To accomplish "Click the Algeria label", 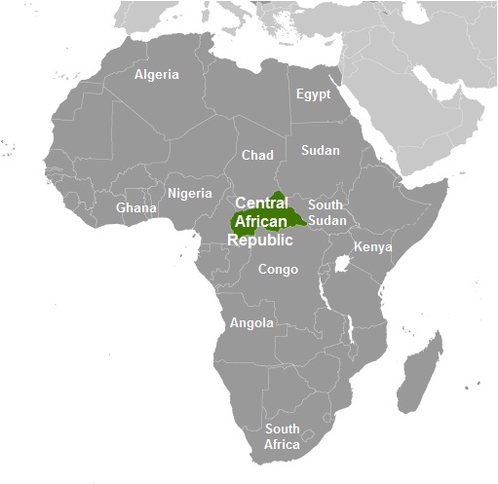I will (157, 75).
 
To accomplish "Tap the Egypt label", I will (313, 94).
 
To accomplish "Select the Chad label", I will (257, 156).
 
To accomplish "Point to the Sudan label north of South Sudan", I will (320, 151).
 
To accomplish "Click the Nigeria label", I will (189, 193).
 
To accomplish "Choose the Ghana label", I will (136, 208).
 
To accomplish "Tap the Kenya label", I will (372, 246).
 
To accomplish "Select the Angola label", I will (251, 323).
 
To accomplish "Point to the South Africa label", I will (283, 436).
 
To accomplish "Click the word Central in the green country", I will (262, 203).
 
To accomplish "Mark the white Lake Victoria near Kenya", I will (342, 264).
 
